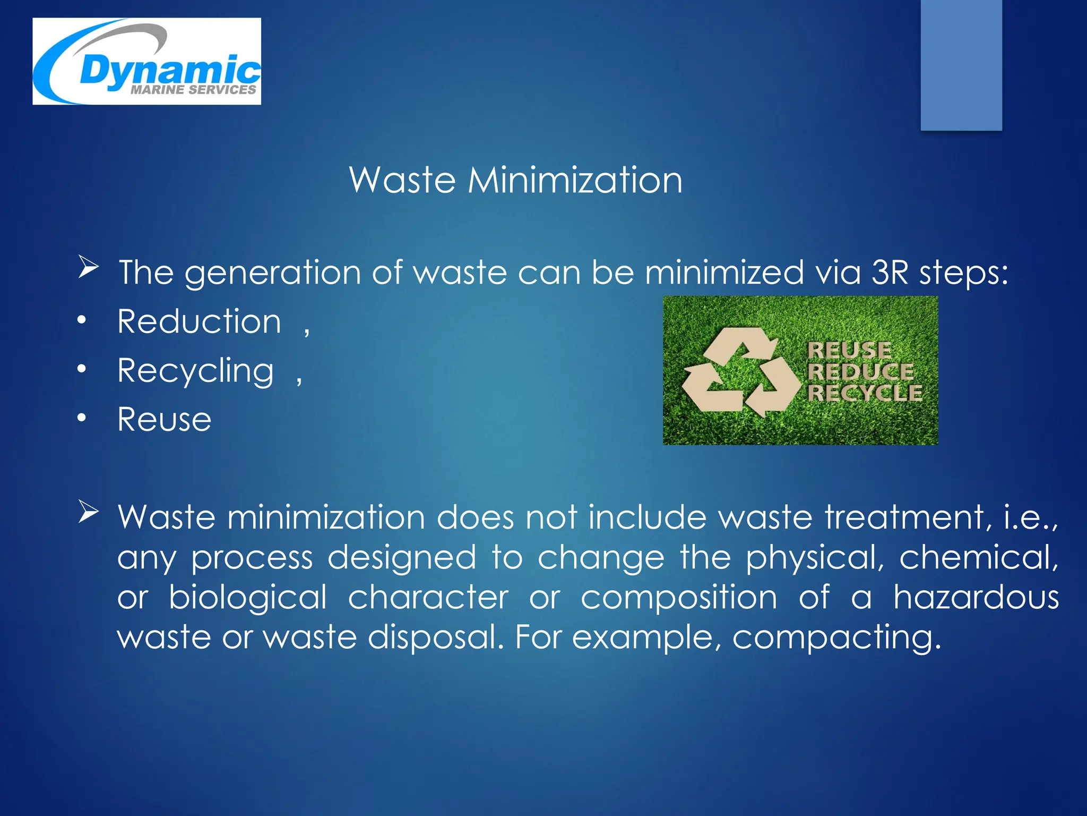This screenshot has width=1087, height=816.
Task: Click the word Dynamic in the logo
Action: coord(169,71)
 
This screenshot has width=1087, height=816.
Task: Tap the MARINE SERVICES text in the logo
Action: coord(193,90)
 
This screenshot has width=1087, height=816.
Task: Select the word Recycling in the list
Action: coord(196,371)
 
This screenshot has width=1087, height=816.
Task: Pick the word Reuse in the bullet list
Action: coord(165,420)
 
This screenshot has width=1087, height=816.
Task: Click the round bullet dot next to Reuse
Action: coord(81,419)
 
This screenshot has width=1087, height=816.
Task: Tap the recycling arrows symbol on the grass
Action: coord(740,372)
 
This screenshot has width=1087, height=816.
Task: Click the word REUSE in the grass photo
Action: coord(849,350)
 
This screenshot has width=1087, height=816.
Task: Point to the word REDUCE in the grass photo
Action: coord(860,371)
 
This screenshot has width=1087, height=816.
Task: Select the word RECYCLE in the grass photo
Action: coord(865,393)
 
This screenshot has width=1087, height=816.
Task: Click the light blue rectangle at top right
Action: coord(961,64)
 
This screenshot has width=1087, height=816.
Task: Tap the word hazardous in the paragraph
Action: coord(976,597)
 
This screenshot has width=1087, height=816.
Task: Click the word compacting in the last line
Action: coord(836,637)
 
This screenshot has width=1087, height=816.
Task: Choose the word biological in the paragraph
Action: coord(248,597)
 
